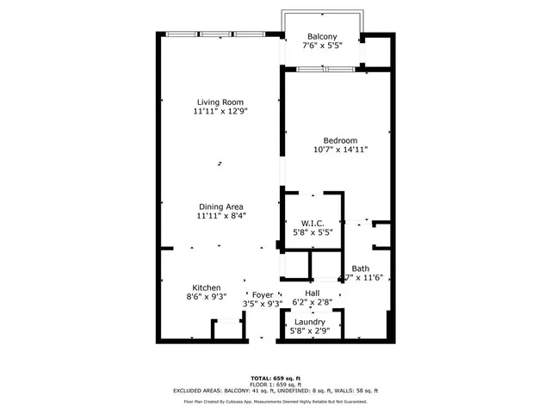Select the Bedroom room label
coord(340,139)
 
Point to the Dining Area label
coord(221,206)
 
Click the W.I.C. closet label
coord(311,223)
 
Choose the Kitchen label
coord(207,287)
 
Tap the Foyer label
coord(263,295)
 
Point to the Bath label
coord(360,268)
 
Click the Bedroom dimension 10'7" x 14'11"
coord(340,149)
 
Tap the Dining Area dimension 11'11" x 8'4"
coord(221,216)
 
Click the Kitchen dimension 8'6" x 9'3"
coord(207,297)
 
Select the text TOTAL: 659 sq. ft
coord(275,378)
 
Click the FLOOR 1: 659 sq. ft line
coord(275,384)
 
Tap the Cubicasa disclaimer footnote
coord(275,401)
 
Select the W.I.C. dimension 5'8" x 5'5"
coord(311,232)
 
